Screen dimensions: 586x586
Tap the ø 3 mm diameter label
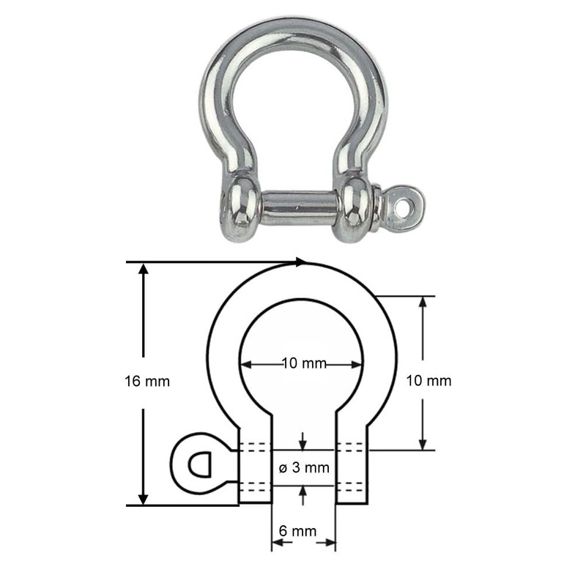[x=305, y=467]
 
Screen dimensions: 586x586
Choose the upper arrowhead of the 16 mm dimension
[x=144, y=269]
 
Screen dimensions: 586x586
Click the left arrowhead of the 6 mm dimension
[x=278, y=544]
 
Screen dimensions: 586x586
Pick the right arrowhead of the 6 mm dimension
[x=331, y=544]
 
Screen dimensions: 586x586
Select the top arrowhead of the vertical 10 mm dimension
[x=423, y=303]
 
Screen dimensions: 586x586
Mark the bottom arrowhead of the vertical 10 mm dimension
[x=423, y=444]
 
